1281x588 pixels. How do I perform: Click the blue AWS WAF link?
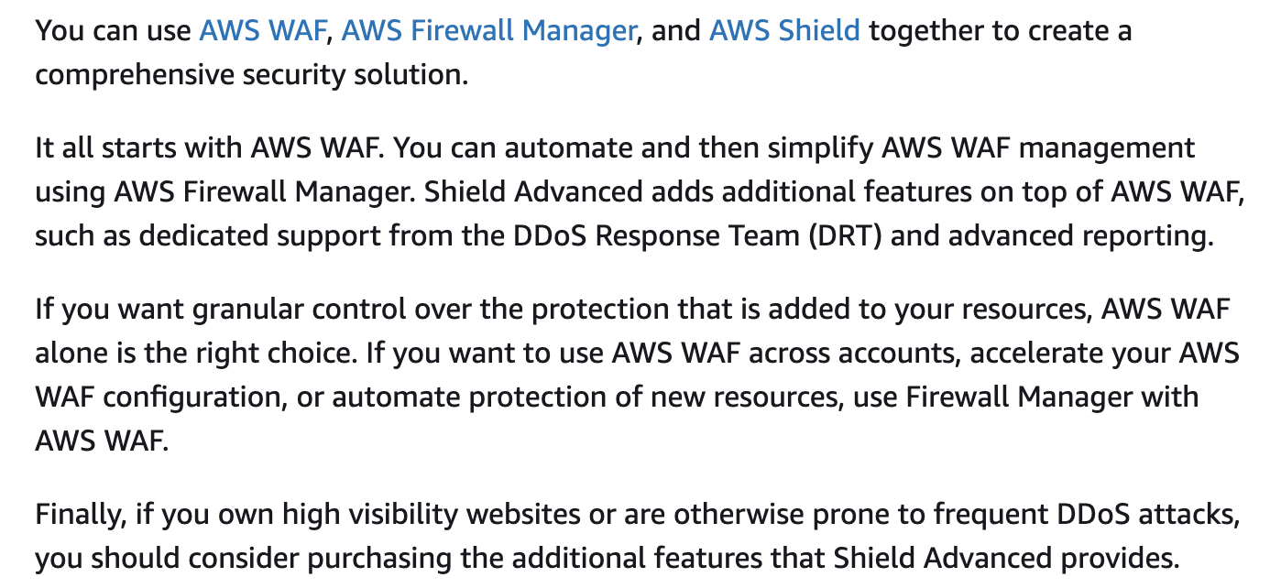click(x=262, y=30)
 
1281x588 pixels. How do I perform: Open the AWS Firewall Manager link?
click(x=489, y=31)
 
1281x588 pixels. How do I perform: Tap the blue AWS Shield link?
click(x=784, y=30)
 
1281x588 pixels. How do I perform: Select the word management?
click(x=1107, y=148)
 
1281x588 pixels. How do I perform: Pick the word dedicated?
click(x=203, y=235)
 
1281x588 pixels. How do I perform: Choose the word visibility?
click(x=403, y=514)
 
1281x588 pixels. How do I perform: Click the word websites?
click(x=523, y=514)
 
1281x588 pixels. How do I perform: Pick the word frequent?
click(x=991, y=515)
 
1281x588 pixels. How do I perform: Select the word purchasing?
click(x=379, y=559)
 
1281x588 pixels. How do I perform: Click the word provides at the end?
click(x=1120, y=559)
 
